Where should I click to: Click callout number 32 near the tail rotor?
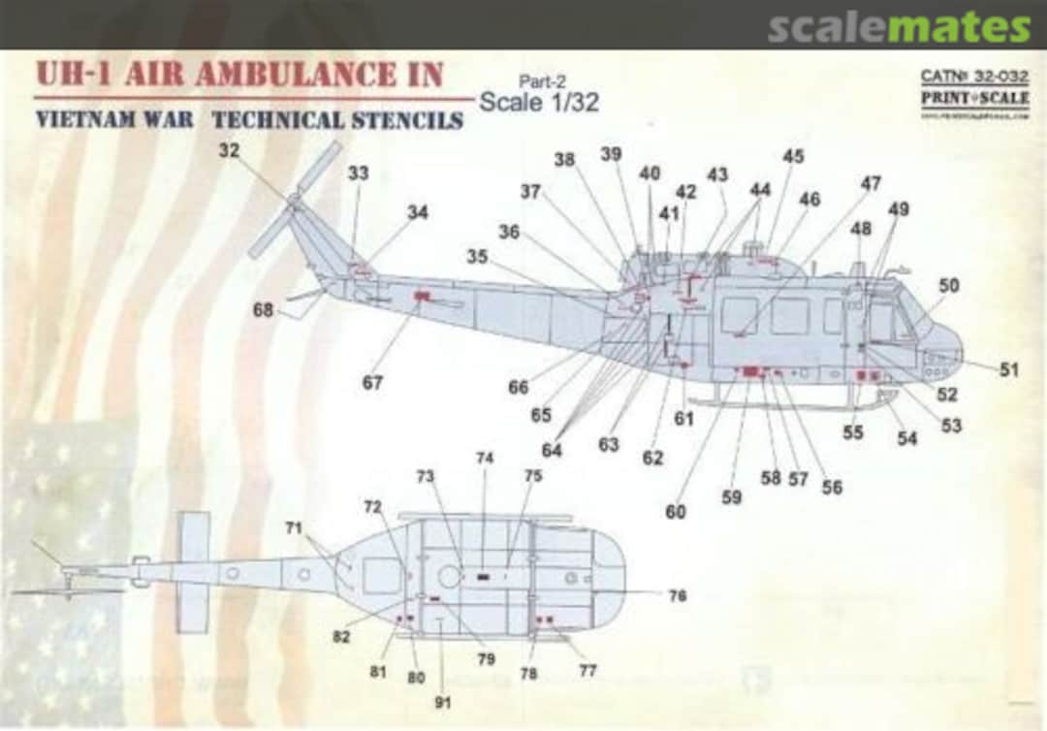tap(229, 151)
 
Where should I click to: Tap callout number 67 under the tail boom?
tap(372, 383)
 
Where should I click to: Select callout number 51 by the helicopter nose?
tap(1008, 369)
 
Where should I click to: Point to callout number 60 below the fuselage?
tap(675, 511)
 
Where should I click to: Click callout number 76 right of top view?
tap(678, 595)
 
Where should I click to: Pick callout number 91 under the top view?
tap(442, 702)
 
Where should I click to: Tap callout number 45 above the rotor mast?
tap(793, 156)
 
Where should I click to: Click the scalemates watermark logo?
tap(899, 27)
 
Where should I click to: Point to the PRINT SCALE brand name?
tap(974, 99)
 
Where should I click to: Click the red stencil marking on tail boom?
tap(422, 295)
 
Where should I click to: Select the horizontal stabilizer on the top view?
tap(193, 572)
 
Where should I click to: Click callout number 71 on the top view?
tap(294, 527)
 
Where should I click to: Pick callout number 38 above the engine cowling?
tap(564, 160)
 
